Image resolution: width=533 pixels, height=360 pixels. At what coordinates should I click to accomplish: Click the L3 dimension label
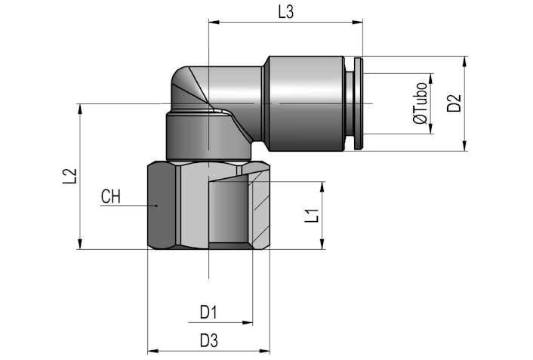(285, 12)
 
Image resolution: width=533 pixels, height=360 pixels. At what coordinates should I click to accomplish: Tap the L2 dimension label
(70, 176)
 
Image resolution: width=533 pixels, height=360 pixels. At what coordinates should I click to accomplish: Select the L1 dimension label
(312, 216)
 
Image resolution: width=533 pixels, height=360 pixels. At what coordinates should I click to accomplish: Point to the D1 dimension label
(208, 312)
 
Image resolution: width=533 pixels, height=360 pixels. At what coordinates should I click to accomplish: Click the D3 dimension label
(208, 340)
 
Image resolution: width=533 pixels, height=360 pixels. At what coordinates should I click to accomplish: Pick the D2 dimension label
(454, 103)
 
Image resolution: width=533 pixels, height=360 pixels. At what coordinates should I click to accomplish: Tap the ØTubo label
(420, 103)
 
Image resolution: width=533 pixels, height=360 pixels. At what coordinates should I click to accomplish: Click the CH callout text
(111, 197)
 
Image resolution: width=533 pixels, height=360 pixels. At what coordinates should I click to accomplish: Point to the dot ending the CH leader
(157, 205)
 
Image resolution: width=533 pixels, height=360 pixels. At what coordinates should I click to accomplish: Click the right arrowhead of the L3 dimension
(358, 23)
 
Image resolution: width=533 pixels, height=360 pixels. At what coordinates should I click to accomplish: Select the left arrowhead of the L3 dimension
(214, 23)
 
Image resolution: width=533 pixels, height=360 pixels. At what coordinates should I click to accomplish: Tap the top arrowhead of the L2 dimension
(80, 109)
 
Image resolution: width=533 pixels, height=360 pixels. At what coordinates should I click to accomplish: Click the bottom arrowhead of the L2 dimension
(80, 244)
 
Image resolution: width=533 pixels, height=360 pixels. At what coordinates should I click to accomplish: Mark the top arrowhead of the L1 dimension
(322, 187)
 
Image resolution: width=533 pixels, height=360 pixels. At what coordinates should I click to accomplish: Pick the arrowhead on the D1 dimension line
(247, 322)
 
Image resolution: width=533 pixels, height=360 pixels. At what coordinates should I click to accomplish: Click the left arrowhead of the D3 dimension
(153, 350)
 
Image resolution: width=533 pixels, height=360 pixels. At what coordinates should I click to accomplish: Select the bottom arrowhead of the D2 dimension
(464, 146)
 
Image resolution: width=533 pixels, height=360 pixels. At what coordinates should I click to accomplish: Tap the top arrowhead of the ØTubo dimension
(431, 78)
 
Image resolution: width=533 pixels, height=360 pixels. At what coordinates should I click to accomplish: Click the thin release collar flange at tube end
(359, 103)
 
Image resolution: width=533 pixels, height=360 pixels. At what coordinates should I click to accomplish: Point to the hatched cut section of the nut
(258, 208)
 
